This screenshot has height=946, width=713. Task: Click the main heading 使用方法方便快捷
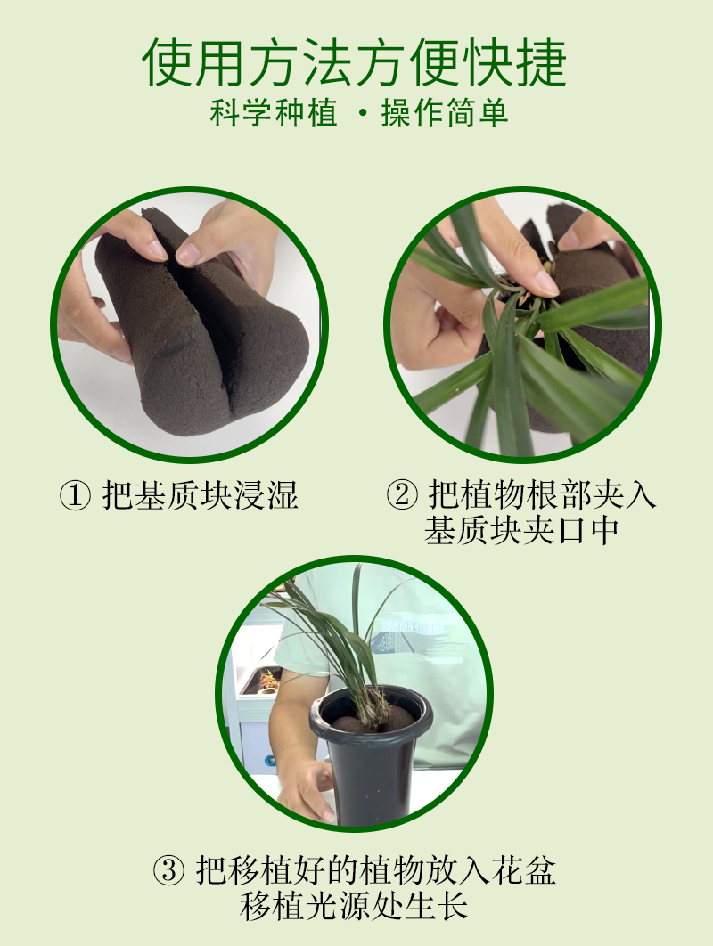pos(355,62)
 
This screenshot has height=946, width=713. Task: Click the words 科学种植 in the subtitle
pos(274,113)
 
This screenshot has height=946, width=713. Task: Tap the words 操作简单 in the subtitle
pos(445,113)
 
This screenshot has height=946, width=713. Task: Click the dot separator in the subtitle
pos(363,113)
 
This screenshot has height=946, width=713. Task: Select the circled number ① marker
pos(75,495)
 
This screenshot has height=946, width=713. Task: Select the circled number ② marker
pos(401,495)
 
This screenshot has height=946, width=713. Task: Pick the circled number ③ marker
pos(168,870)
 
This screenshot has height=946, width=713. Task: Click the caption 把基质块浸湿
pos(200,495)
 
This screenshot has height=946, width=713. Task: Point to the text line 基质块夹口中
pos(521,530)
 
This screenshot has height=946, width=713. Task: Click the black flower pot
pos(370,755)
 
